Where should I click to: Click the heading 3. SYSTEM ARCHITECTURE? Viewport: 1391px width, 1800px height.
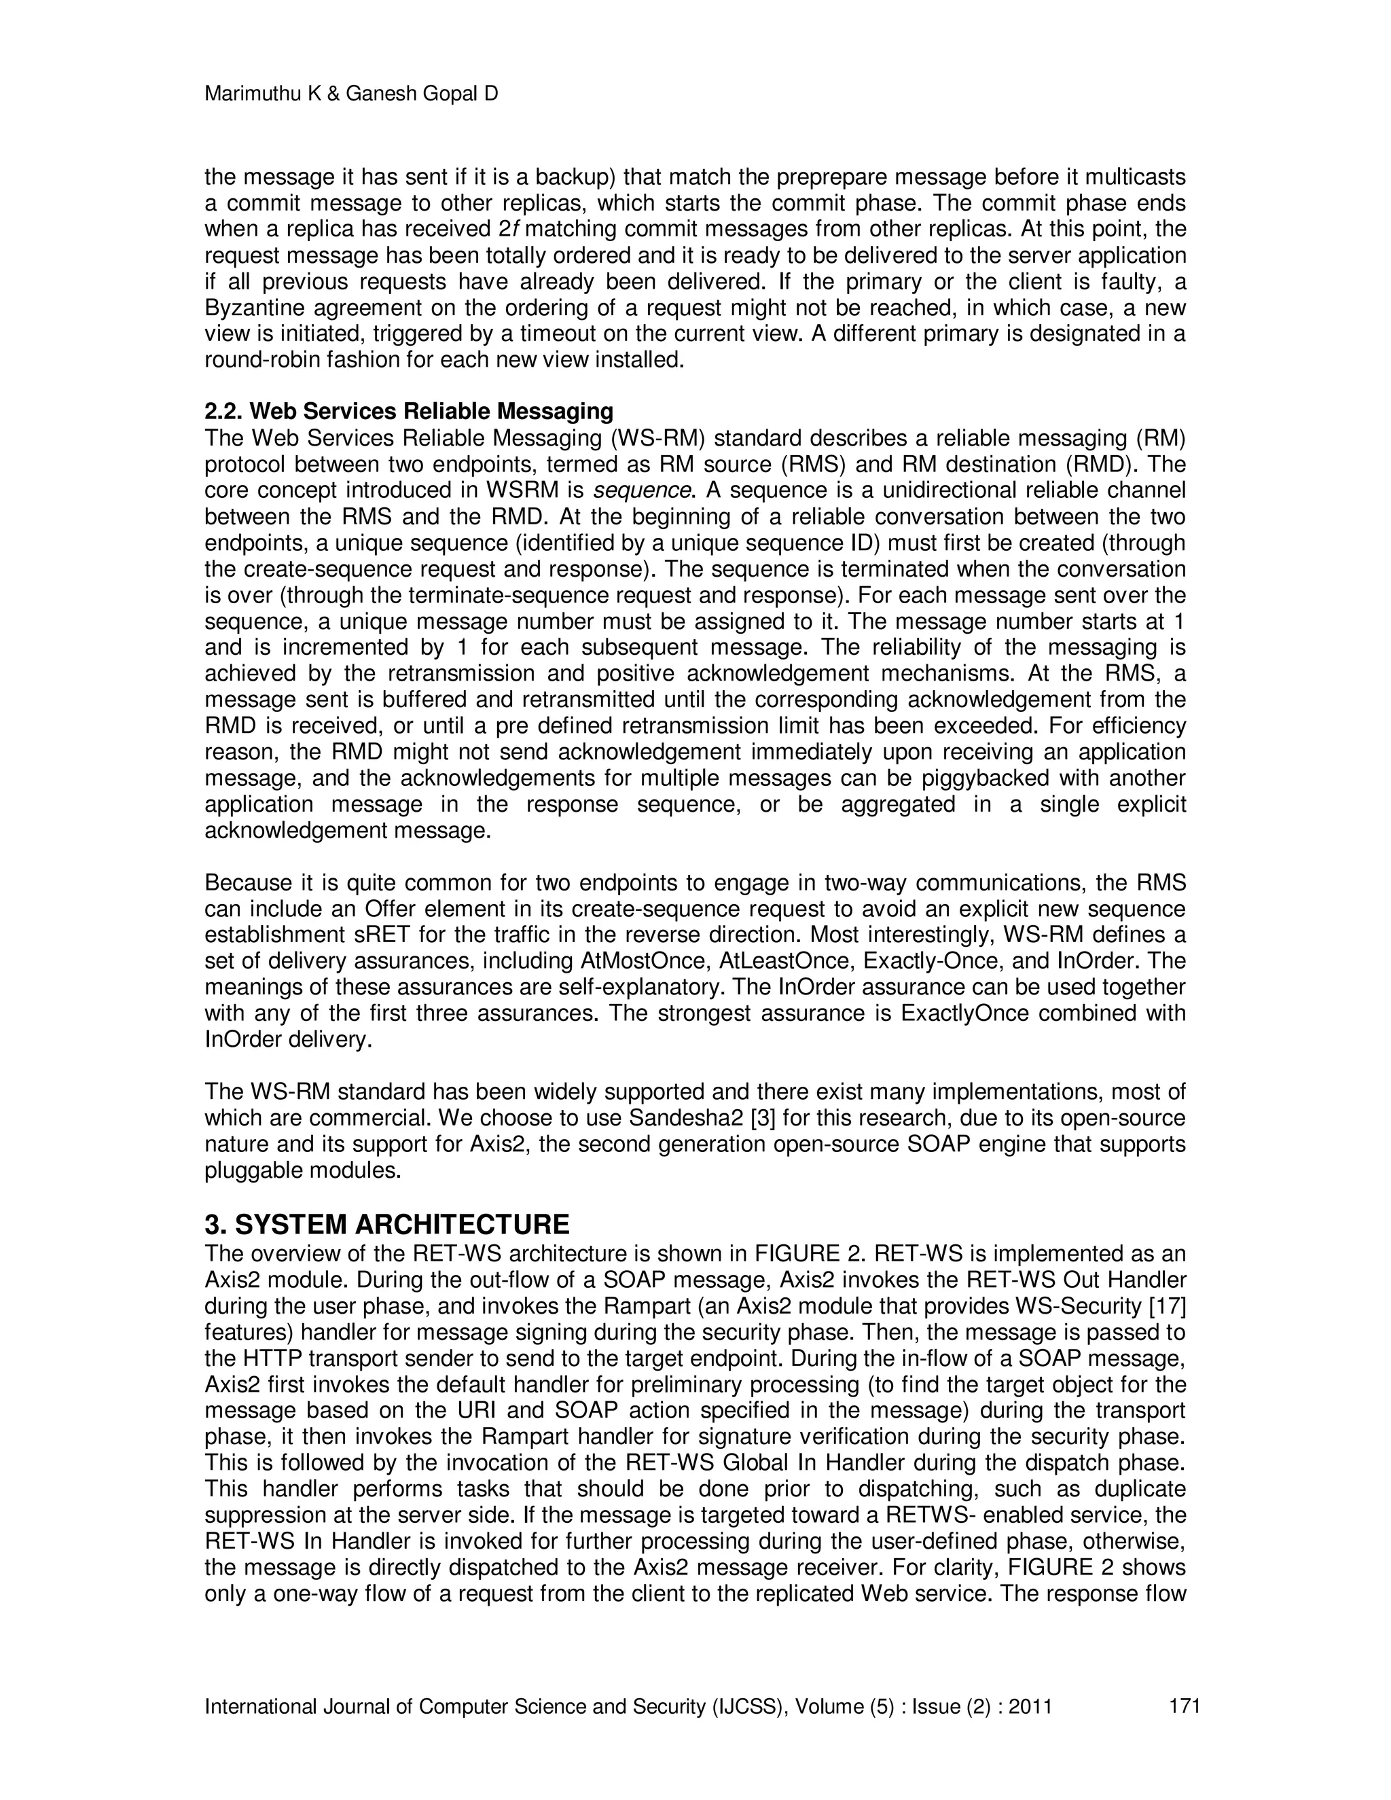point(386,1224)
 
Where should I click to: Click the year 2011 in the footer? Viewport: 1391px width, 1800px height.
point(1030,1706)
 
